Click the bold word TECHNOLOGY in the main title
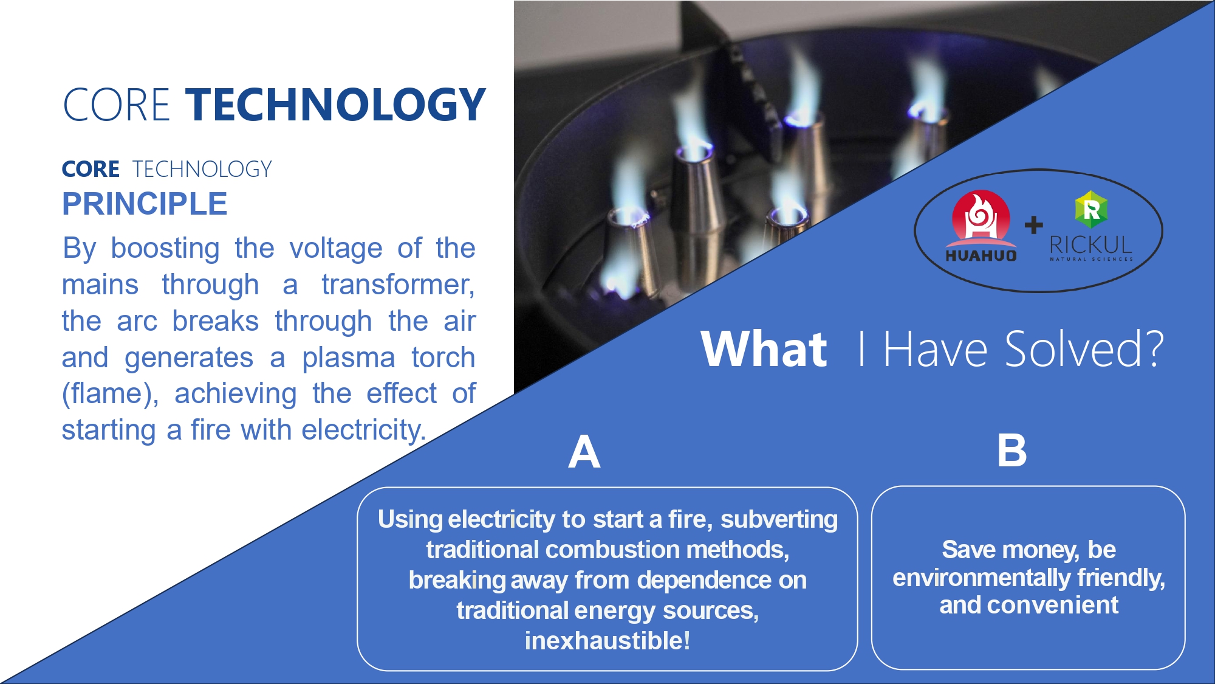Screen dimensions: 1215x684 (x=335, y=104)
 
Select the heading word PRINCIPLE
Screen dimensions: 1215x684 (x=145, y=204)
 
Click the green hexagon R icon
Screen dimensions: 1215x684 (x=1091, y=209)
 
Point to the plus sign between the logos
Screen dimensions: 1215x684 (x=1033, y=225)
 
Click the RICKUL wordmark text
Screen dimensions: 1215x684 (x=1091, y=245)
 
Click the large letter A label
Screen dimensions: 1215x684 (x=584, y=452)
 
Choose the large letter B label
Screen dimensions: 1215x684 (x=1012, y=451)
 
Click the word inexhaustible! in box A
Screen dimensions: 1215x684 (x=607, y=641)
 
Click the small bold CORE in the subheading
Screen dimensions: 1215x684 (x=91, y=169)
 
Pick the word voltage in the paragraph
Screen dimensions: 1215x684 (x=336, y=249)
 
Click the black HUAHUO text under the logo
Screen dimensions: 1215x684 (x=981, y=255)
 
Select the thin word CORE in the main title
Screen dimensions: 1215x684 (x=116, y=105)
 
